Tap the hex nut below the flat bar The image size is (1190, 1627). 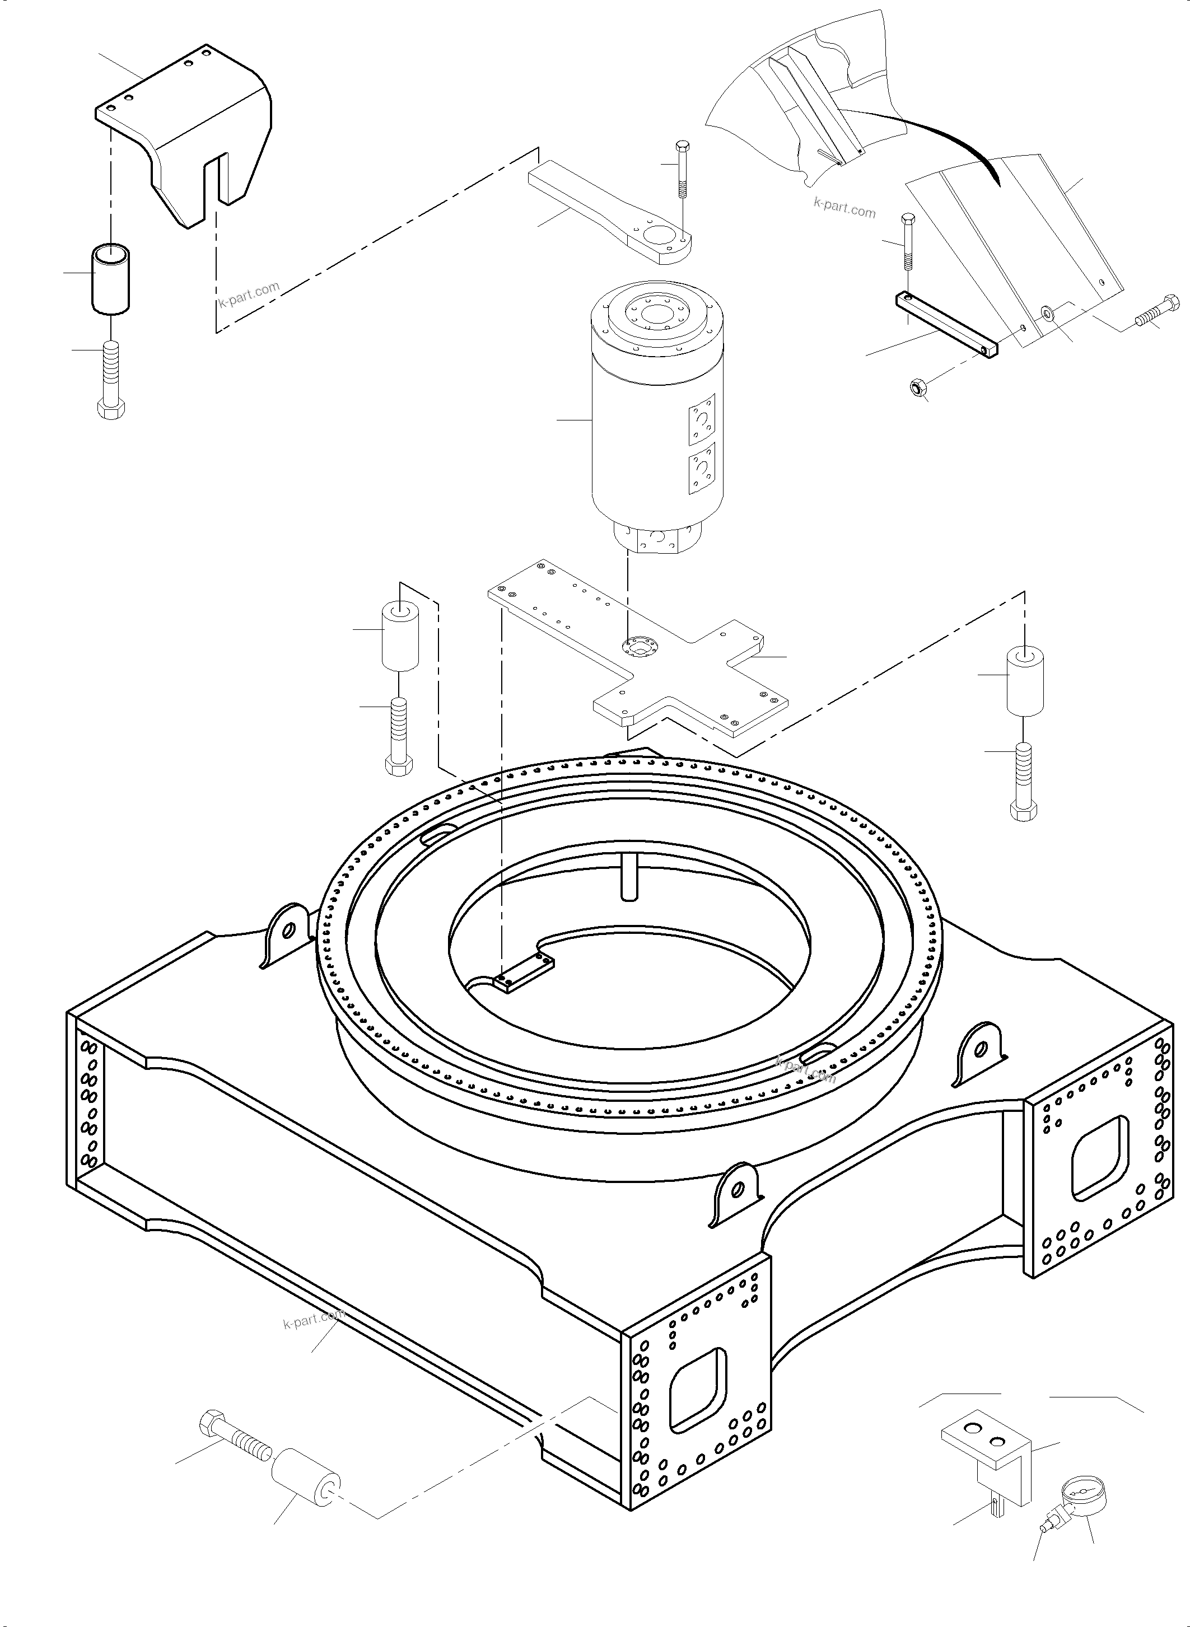pyautogui.click(x=916, y=389)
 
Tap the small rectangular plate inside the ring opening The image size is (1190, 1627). pyautogui.click(x=524, y=973)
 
